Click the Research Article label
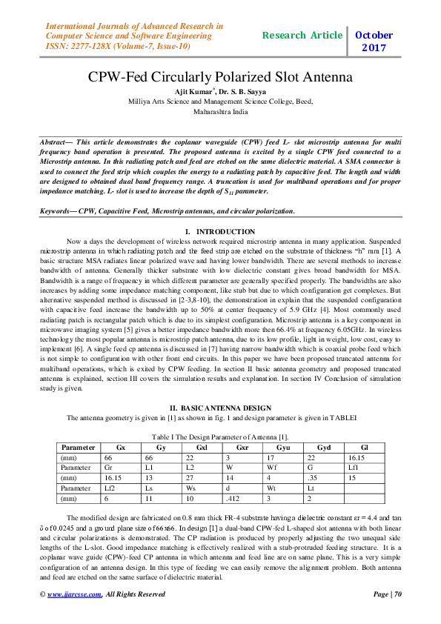[302, 35]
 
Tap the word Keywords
[57, 211]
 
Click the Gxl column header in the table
[202, 448]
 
